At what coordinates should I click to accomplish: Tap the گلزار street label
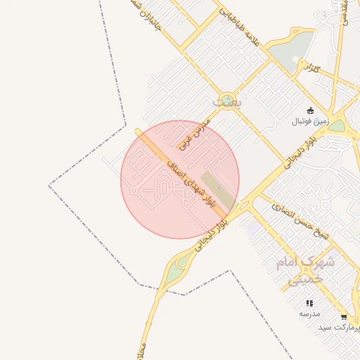click(311, 68)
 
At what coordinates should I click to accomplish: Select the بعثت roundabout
click(226, 101)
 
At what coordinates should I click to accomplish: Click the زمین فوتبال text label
click(311, 121)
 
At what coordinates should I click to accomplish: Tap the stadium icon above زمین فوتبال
click(311, 109)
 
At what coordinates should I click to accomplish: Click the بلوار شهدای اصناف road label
click(190, 184)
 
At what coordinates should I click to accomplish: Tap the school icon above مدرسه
click(309, 303)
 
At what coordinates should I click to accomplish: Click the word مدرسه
click(309, 314)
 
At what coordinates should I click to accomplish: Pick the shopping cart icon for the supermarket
click(343, 317)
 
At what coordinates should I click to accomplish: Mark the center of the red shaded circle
click(180, 179)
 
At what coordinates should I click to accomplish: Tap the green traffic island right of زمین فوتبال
click(338, 126)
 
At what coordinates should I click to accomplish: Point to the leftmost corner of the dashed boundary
click(49, 186)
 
